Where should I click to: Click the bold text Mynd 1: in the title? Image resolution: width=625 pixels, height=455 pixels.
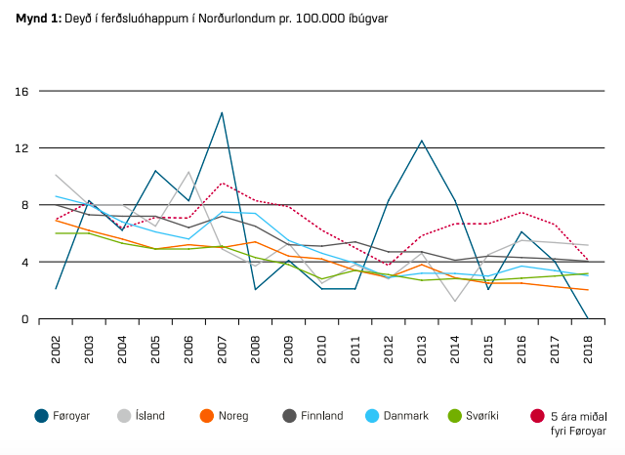pyautogui.click(x=36, y=16)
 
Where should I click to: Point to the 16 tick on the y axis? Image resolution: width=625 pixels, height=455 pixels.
pyautogui.click(x=21, y=92)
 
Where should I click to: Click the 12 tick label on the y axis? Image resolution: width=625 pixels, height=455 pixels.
pyautogui.click(x=21, y=148)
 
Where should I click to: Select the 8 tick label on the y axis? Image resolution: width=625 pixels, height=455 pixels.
pyautogui.click(x=24, y=205)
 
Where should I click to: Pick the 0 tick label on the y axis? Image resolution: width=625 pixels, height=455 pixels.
pyautogui.click(x=24, y=319)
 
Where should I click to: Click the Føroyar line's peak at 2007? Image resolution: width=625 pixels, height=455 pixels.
pyautogui.click(x=223, y=112)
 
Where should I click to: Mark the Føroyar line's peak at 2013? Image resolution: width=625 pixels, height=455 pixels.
pyautogui.click(x=422, y=141)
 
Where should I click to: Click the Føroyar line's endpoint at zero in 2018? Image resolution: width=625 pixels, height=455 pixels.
pyautogui.click(x=588, y=318)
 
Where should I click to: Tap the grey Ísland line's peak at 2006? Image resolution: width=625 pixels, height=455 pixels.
pyautogui.click(x=189, y=173)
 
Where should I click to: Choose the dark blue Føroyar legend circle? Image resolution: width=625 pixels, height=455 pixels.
pyautogui.click(x=41, y=416)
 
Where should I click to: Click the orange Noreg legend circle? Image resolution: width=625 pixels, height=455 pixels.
pyautogui.click(x=206, y=416)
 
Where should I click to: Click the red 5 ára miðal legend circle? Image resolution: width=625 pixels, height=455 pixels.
pyautogui.click(x=536, y=416)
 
